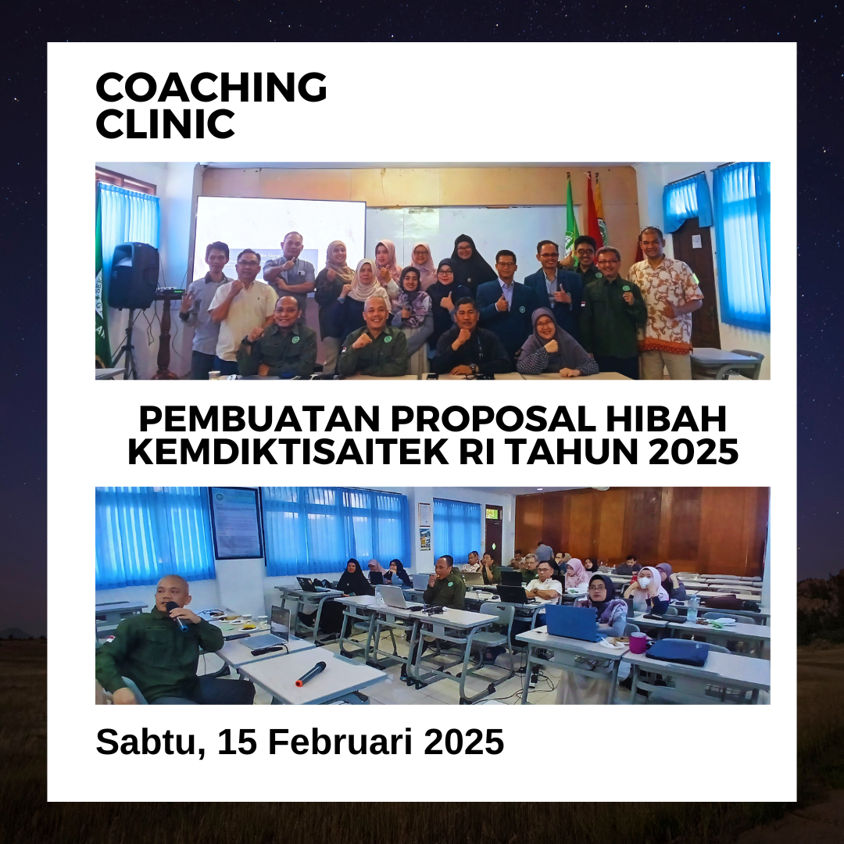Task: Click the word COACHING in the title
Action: [211, 87]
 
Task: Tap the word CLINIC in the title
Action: [165, 123]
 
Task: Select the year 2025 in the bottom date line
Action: [463, 742]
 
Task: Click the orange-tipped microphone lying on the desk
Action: [310, 674]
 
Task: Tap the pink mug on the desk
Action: [638, 642]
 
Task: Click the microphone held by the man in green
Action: [177, 616]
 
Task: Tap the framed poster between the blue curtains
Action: [236, 523]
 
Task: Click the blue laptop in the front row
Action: [572, 623]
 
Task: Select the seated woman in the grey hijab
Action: [556, 343]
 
